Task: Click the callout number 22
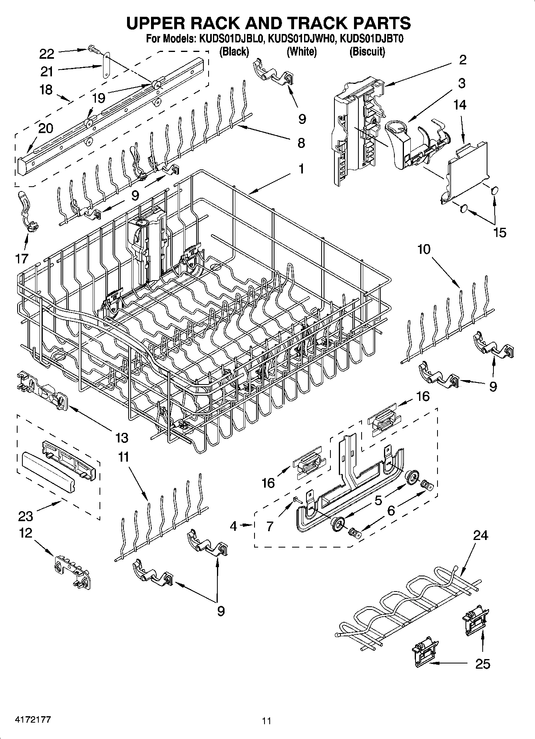[47, 53]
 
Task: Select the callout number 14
[460, 105]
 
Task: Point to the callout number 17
[22, 259]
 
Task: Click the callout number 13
[122, 438]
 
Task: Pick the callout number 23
[26, 516]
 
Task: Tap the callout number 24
[480, 535]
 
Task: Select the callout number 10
[424, 249]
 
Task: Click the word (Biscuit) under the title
[367, 52]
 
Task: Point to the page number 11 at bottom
[267, 721]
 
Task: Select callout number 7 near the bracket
[270, 527]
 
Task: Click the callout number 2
[463, 60]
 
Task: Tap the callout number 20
[46, 128]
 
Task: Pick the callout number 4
[234, 526]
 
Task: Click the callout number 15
[500, 232]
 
